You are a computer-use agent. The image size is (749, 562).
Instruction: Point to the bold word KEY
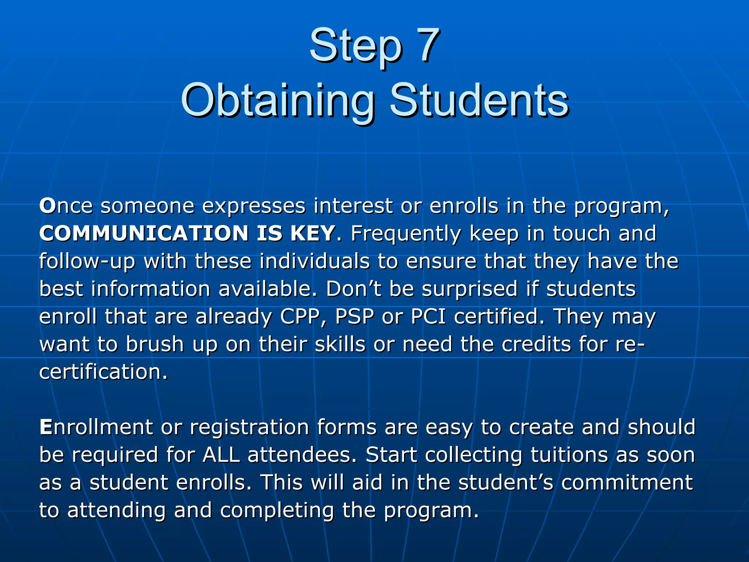click(x=312, y=233)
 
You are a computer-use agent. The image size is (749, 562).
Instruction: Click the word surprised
click(x=470, y=289)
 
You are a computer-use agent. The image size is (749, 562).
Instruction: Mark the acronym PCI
click(x=428, y=317)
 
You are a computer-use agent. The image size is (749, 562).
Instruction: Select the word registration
click(x=249, y=428)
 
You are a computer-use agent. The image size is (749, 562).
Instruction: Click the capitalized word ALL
click(x=221, y=455)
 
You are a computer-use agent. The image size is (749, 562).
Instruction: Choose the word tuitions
click(x=569, y=455)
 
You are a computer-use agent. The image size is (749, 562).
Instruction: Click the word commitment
click(x=627, y=483)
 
